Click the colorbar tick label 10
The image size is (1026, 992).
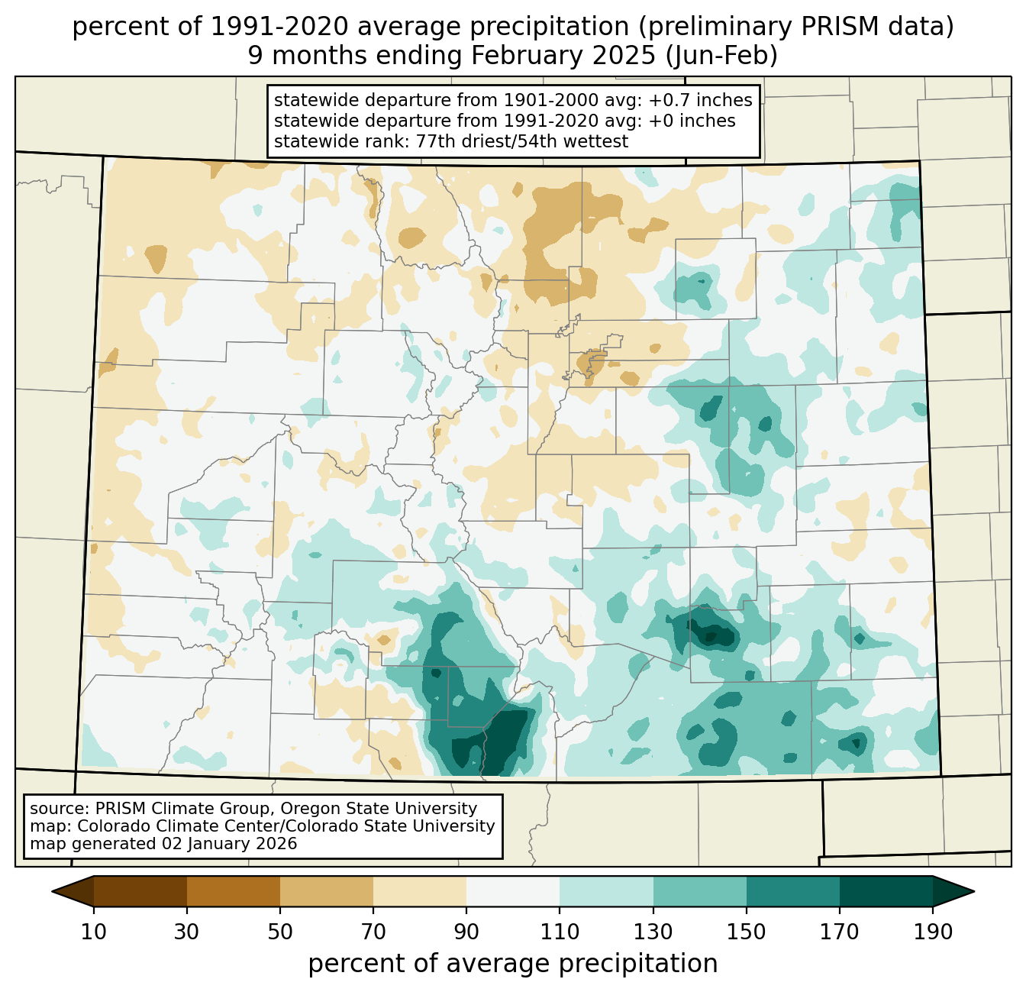(93, 932)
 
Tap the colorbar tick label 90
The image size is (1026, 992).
(466, 932)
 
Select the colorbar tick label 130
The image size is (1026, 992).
(653, 932)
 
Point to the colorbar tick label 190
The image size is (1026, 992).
(933, 932)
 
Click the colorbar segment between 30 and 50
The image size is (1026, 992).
(233, 891)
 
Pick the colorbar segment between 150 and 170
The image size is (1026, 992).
(793, 891)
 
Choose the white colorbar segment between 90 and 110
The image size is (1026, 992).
(513, 891)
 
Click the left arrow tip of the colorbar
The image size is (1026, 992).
(52, 892)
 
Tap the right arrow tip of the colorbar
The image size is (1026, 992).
(974, 892)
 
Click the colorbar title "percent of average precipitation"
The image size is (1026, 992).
(513, 963)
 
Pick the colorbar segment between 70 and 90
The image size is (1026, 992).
(420, 891)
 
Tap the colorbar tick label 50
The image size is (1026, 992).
(280, 932)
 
